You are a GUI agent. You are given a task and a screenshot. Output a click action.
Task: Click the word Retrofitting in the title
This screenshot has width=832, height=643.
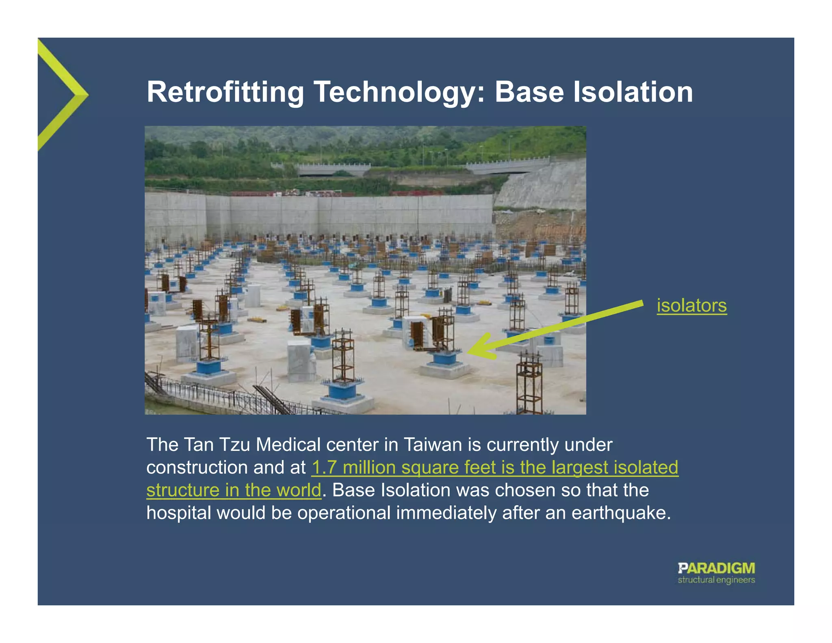[x=225, y=92]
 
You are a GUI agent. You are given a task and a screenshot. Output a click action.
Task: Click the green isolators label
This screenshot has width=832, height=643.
[x=691, y=306]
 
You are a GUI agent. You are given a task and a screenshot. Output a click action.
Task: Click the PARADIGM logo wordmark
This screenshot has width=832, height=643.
[x=716, y=568]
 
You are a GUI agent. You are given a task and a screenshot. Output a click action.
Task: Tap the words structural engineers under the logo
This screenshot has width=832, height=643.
[x=716, y=580]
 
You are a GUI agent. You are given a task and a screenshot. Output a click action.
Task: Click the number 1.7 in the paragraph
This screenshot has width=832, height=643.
[x=324, y=467]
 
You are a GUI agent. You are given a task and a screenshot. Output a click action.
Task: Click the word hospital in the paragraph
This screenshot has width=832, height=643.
[x=179, y=513]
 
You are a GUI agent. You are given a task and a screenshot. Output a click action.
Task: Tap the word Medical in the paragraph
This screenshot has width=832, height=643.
[x=288, y=445]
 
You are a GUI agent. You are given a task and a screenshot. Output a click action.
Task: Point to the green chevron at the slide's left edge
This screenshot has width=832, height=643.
[x=65, y=95]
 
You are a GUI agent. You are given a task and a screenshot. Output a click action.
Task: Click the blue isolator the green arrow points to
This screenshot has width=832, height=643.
[x=445, y=359]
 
